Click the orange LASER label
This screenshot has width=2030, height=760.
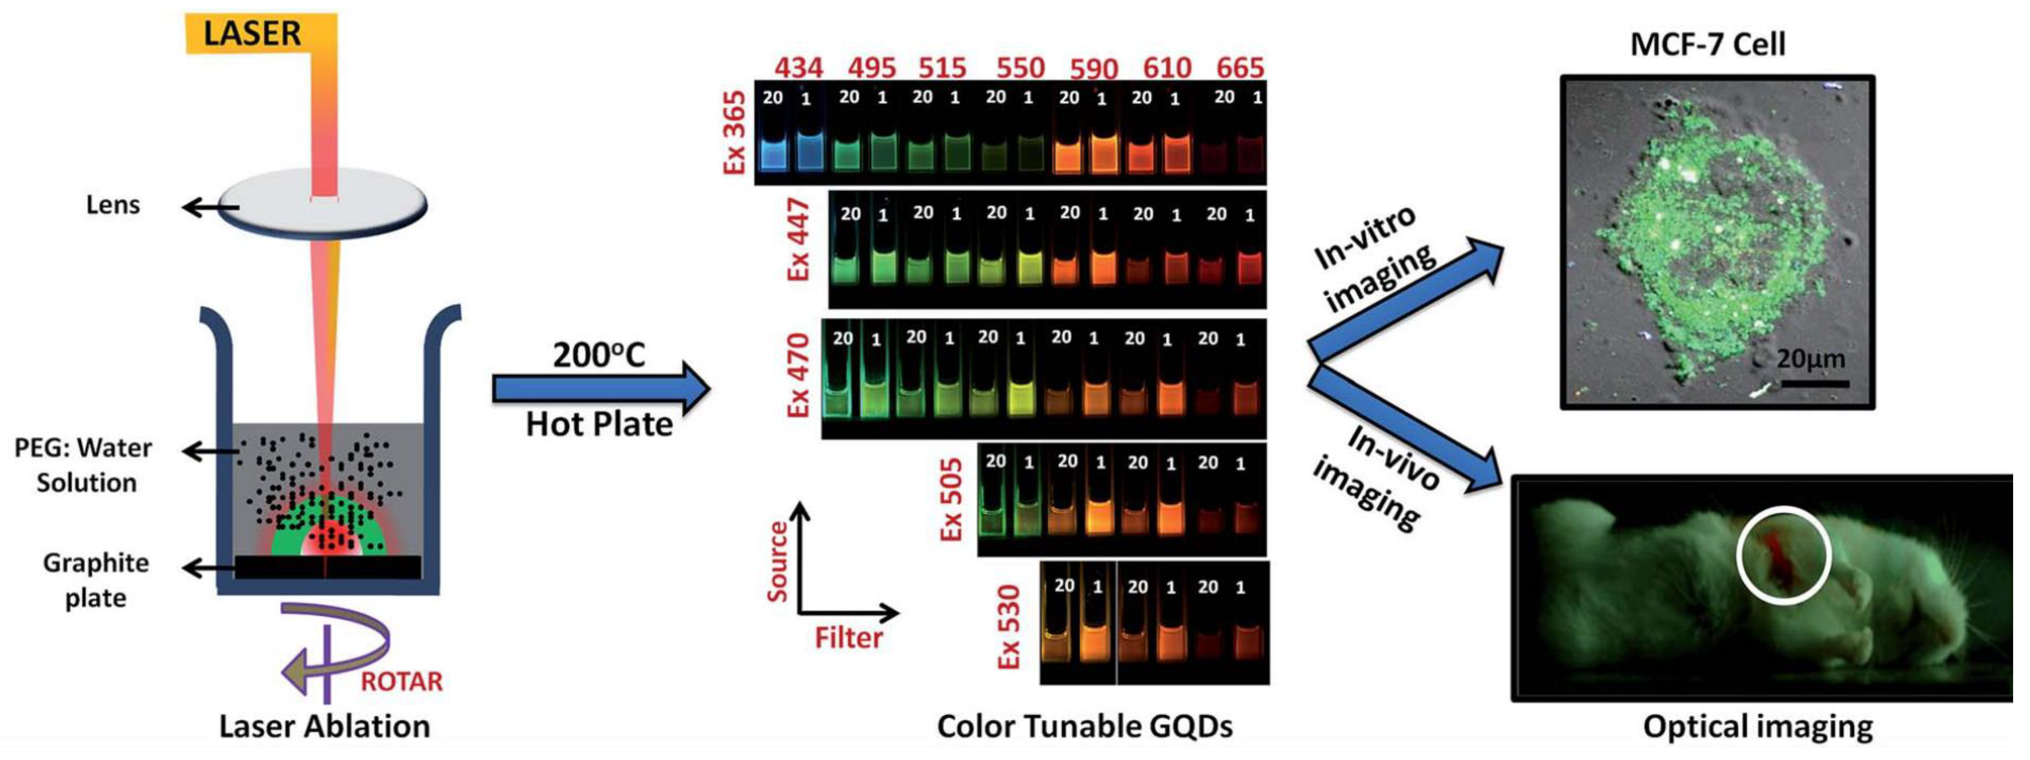click(x=252, y=34)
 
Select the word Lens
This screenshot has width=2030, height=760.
click(x=113, y=205)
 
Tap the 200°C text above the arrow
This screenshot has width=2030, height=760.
click(x=599, y=355)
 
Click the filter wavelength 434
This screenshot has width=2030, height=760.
click(x=798, y=68)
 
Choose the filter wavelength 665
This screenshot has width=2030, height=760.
click(x=1240, y=68)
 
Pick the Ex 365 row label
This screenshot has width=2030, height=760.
click(x=734, y=132)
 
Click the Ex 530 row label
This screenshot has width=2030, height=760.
click(x=1009, y=627)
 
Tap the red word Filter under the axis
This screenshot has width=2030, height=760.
click(x=848, y=637)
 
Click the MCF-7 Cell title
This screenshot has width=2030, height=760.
click(x=1707, y=44)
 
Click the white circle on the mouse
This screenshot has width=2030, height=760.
click(x=1783, y=520)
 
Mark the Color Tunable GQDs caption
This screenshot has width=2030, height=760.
click(x=1084, y=726)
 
